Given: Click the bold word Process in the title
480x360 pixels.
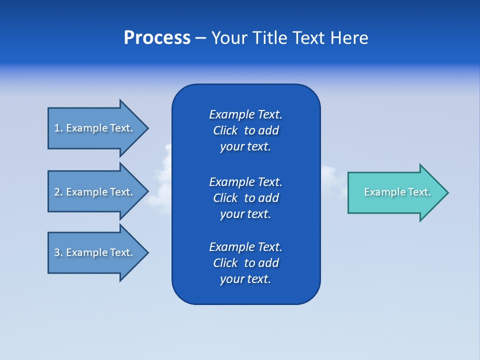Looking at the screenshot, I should [157, 38].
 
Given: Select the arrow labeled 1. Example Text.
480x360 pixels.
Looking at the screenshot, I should [95, 128].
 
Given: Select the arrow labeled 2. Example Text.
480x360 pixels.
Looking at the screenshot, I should [95, 192].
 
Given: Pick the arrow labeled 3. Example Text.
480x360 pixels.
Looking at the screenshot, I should [95, 252].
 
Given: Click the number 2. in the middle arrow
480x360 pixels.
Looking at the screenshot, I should [58, 192].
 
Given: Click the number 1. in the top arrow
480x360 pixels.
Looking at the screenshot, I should [58, 128].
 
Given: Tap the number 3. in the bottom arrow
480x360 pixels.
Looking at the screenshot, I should [58, 252].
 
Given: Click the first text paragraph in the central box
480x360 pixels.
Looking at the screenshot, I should [245, 130].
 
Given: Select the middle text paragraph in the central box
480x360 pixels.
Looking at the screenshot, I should [245, 197].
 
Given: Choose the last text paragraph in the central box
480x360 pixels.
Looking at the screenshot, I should [245, 263].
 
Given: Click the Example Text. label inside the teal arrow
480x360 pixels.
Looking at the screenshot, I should [397, 192].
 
